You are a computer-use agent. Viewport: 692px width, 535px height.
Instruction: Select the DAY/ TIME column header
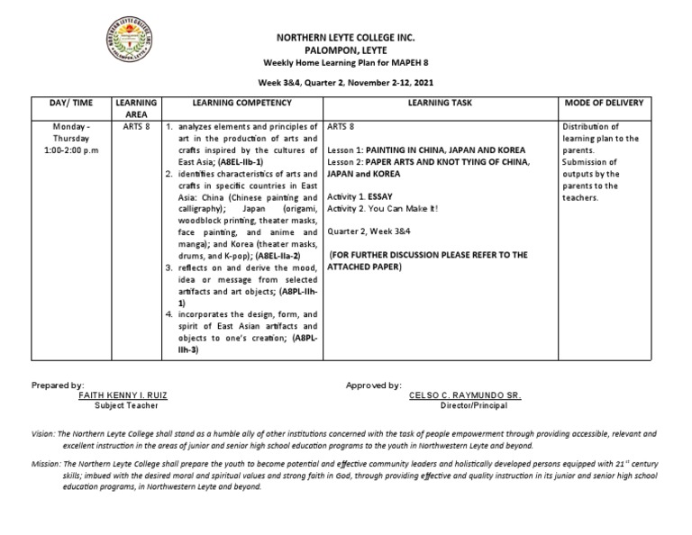coord(71,104)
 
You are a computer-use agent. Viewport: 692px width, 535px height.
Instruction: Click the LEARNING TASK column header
coord(439,104)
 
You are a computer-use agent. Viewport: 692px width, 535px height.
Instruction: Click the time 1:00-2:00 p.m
coord(71,150)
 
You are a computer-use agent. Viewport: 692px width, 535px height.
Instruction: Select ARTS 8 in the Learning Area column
coord(136,127)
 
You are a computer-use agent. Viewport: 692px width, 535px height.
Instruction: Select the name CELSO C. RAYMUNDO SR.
coord(465,395)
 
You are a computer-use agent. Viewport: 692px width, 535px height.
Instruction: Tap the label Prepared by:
coord(58,385)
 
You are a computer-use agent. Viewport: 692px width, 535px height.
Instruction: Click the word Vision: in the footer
coord(43,433)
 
